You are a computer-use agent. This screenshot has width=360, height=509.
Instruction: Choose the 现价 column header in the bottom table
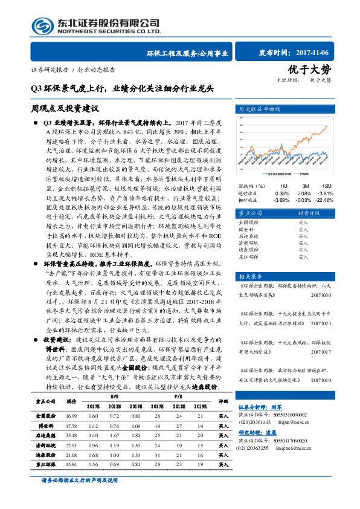pyautogui.click(x=71, y=401)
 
